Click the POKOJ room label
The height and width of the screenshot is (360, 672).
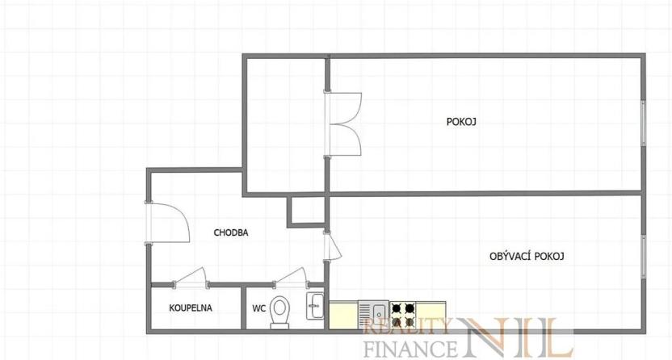(x=462, y=122)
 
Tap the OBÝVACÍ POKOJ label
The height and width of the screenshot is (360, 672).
(x=526, y=256)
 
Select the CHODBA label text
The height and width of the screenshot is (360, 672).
(x=231, y=232)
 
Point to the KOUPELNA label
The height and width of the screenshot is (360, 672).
(x=190, y=308)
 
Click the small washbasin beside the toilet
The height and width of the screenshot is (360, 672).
(x=315, y=306)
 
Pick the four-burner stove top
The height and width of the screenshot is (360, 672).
(x=403, y=309)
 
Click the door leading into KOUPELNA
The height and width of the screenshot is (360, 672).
(x=191, y=277)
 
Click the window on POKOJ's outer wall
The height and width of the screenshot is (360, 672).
(x=644, y=123)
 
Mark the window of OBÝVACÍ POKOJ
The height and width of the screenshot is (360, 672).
(x=644, y=257)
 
